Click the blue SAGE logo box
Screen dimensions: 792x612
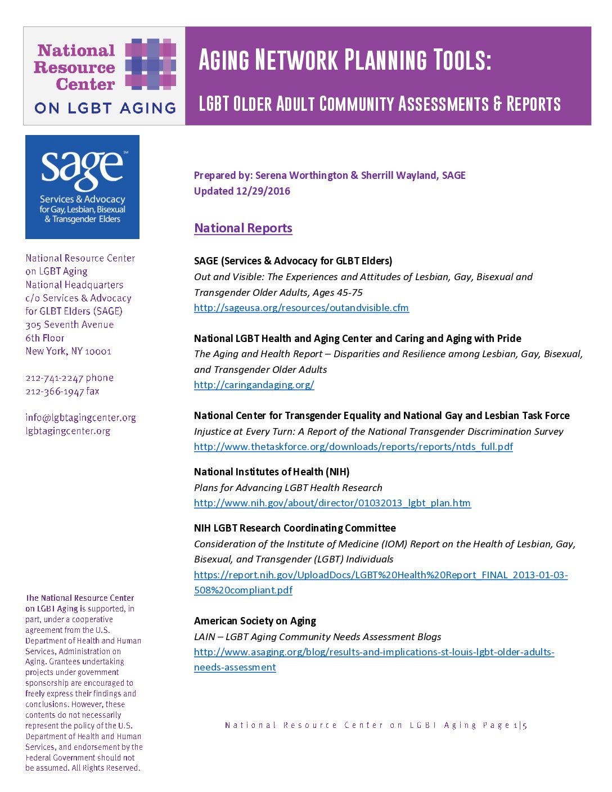(x=82, y=187)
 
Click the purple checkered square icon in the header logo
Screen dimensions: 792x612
(x=150, y=64)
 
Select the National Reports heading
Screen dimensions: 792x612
(x=243, y=228)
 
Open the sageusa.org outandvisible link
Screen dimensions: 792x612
(x=301, y=308)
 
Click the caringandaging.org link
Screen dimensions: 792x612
(x=254, y=385)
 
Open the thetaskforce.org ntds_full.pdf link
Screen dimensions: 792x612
(x=353, y=447)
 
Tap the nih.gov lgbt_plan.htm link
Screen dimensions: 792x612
(x=332, y=503)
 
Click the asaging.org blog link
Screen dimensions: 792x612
(x=373, y=652)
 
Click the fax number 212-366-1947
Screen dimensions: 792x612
(x=55, y=391)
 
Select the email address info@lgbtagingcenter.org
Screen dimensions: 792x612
(x=80, y=417)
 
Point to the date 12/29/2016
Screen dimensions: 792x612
(x=263, y=191)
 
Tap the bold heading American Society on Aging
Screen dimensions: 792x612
(x=255, y=621)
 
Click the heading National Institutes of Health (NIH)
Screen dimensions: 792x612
(x=272, y=472)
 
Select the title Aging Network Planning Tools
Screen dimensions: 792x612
(x=344, y=60)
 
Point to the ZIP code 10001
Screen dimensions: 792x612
(x=98, y=352)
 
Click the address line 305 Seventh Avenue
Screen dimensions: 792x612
(x=69, y=325)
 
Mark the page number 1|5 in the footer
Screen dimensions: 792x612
(x=520, y=726)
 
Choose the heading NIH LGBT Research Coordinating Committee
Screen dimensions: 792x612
(x=295, y=528)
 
